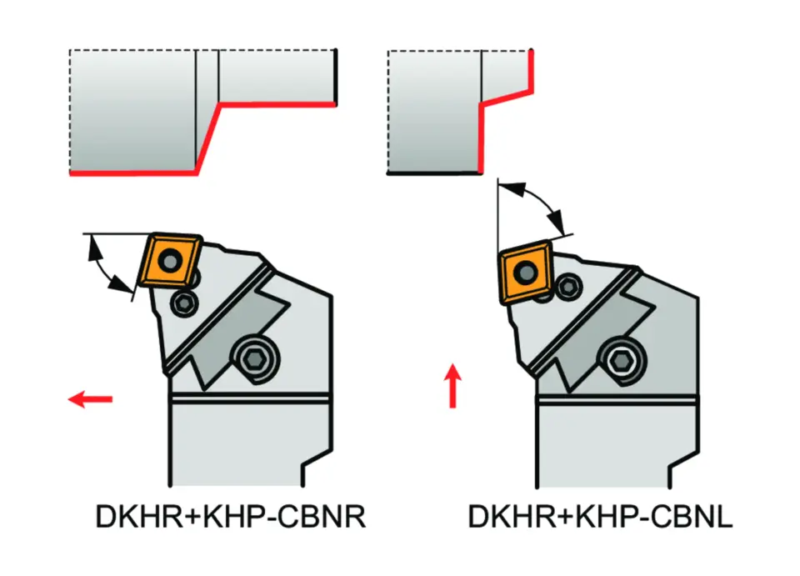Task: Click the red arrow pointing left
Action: (x=89, y=400)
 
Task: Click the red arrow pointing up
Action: (x=452, y=385)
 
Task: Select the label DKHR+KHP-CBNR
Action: (x=229, y=518)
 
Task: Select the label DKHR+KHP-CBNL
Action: (x=600, y=518)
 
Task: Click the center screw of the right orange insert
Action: (x=527, y=270)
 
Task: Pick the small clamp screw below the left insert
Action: (x=183, y=303)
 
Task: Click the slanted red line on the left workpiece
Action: (x=207, y=138)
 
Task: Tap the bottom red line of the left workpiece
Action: (x=133, y=173)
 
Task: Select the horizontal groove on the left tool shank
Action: (x=250, y=397)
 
